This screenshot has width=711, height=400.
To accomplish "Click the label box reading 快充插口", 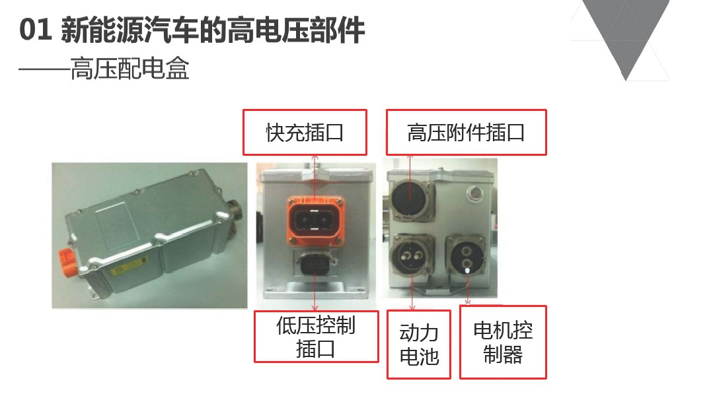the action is point(305,132).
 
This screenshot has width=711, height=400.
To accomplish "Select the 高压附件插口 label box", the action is point(466,132).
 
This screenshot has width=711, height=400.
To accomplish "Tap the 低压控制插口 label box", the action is point(316,337).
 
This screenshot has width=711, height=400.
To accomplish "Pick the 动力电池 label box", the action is point(418,345).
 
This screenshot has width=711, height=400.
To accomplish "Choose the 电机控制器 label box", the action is point(503,342).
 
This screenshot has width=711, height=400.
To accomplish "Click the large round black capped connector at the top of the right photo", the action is point(410,199).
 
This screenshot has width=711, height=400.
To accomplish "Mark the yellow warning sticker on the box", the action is point(130,266).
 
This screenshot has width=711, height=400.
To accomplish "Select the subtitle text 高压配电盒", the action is point(130,69).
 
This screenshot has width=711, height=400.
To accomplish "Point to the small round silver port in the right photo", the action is point(474,193).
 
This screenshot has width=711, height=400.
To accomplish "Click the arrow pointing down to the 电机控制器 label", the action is point(467,288).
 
